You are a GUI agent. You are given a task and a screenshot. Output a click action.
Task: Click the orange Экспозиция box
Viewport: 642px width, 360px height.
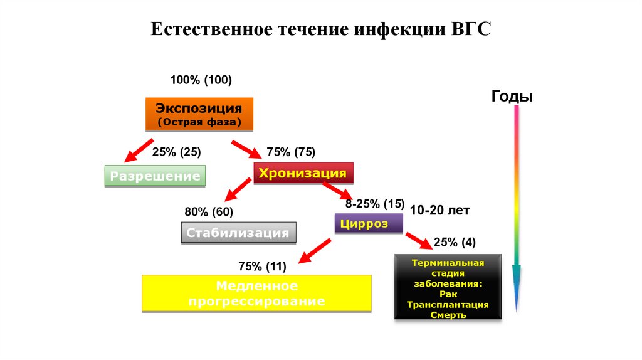(x=199, y=114)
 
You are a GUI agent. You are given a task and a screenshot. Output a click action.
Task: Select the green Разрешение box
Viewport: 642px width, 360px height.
(x=155, y=176)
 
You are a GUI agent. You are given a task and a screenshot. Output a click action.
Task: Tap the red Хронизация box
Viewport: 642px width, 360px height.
(x=303, y=173)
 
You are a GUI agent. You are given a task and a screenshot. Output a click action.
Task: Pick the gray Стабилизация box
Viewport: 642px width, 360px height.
(x=238, y=233)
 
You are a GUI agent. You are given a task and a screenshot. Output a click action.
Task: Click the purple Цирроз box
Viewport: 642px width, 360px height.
(x=369, y=223)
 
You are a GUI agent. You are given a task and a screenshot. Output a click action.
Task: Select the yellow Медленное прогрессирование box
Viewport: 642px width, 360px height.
(x=256, y=294)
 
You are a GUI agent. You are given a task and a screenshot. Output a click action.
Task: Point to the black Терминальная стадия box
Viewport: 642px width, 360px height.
(x=448, y=288)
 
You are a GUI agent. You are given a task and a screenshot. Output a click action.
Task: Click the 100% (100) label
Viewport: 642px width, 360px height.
(x=201, y=80)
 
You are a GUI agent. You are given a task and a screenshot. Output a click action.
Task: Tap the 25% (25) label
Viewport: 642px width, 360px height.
(x=176, y=152)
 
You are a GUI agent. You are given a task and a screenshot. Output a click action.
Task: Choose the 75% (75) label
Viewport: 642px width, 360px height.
(x=290, y=152)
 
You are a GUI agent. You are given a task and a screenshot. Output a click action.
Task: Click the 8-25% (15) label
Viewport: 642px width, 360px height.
(x=375, y=204)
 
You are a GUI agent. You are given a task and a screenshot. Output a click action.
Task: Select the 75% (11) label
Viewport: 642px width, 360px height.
(x=262, y=267)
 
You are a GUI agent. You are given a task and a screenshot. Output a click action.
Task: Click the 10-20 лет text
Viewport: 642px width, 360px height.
(x=439, y=211)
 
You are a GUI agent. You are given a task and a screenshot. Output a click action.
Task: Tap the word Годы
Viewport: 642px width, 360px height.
(x=512, y=97)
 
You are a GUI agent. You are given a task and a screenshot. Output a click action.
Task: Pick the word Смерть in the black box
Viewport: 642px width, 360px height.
(x=448, y=315)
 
